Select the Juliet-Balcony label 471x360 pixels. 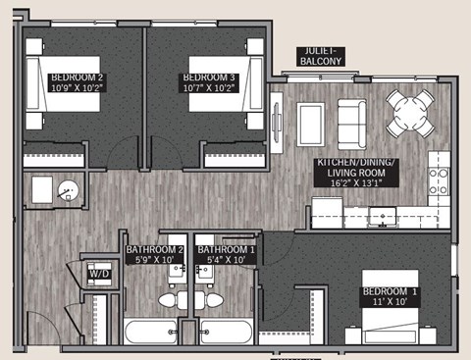tap(322, 55)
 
